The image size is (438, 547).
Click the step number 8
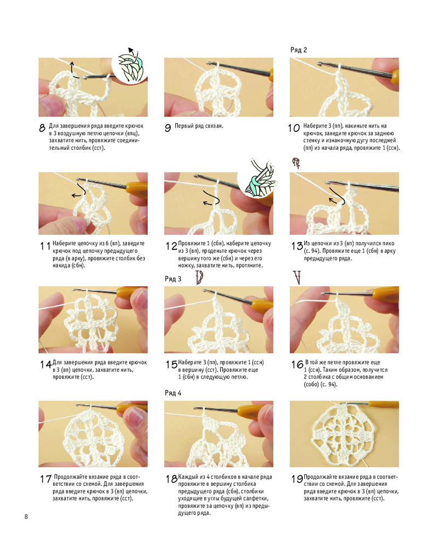click(x=42, y=127)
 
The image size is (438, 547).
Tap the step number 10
click(x=294, y=127)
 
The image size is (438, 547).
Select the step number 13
click(x=297, y=246)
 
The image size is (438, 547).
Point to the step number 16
click(x=297, y=364)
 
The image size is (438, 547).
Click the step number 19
click(x=297, y=479)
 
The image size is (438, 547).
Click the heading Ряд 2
click(x=298, y=50)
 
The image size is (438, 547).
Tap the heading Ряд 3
click(x=173, y=279)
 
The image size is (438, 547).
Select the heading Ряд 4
click(x=173, y=393)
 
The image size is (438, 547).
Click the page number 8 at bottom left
click(x=26, y=516)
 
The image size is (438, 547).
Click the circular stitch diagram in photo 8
click(x=130, y=66)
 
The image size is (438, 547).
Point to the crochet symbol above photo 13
click(x=296, y=163)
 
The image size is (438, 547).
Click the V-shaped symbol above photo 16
click(x=297, y=277)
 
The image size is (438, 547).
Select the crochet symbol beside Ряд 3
click(x=199, y=277)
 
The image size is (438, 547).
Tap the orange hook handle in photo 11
click(x=137, y=188)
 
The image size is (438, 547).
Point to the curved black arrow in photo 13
click(x=337, y=196)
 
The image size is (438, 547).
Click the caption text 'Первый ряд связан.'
click(x=199, y=126)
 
